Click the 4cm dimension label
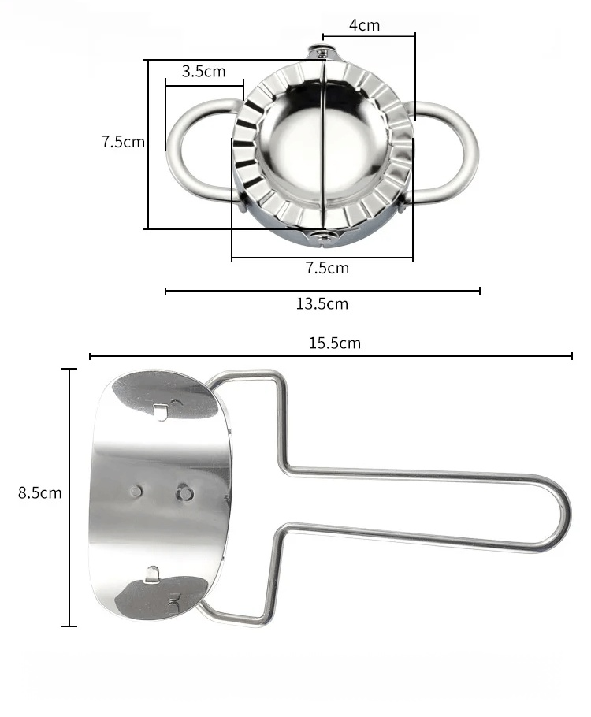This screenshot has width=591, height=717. click(x=364, y=25)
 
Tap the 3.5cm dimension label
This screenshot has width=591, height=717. click(x=203, y=72)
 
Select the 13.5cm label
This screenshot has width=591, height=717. click(x=322, y=303)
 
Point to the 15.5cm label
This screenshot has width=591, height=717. click(x=334, y=343)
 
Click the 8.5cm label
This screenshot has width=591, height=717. click(x=40, y=493)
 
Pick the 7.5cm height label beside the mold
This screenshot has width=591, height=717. click(x=123, y=142)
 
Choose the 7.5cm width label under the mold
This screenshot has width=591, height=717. click(x=327, y=268)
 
